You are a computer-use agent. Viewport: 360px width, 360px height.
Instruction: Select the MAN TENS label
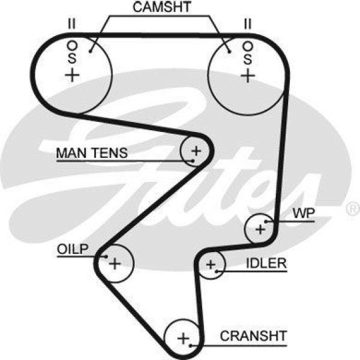point(92,153)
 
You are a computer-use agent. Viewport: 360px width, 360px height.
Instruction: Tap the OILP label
point(73,249)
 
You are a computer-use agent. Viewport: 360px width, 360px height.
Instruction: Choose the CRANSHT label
point(254,335)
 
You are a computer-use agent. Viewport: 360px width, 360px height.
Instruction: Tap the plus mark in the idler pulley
point(211,265)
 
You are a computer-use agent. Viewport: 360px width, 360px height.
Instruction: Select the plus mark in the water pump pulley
point(260,229)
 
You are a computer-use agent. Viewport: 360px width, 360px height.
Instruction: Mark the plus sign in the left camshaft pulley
point(72,75)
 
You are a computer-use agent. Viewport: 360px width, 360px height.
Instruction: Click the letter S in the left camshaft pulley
point(72,58)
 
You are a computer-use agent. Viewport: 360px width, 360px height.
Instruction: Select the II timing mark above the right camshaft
point(247,25)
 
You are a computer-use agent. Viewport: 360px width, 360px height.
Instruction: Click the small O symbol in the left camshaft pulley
point(72,44)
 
